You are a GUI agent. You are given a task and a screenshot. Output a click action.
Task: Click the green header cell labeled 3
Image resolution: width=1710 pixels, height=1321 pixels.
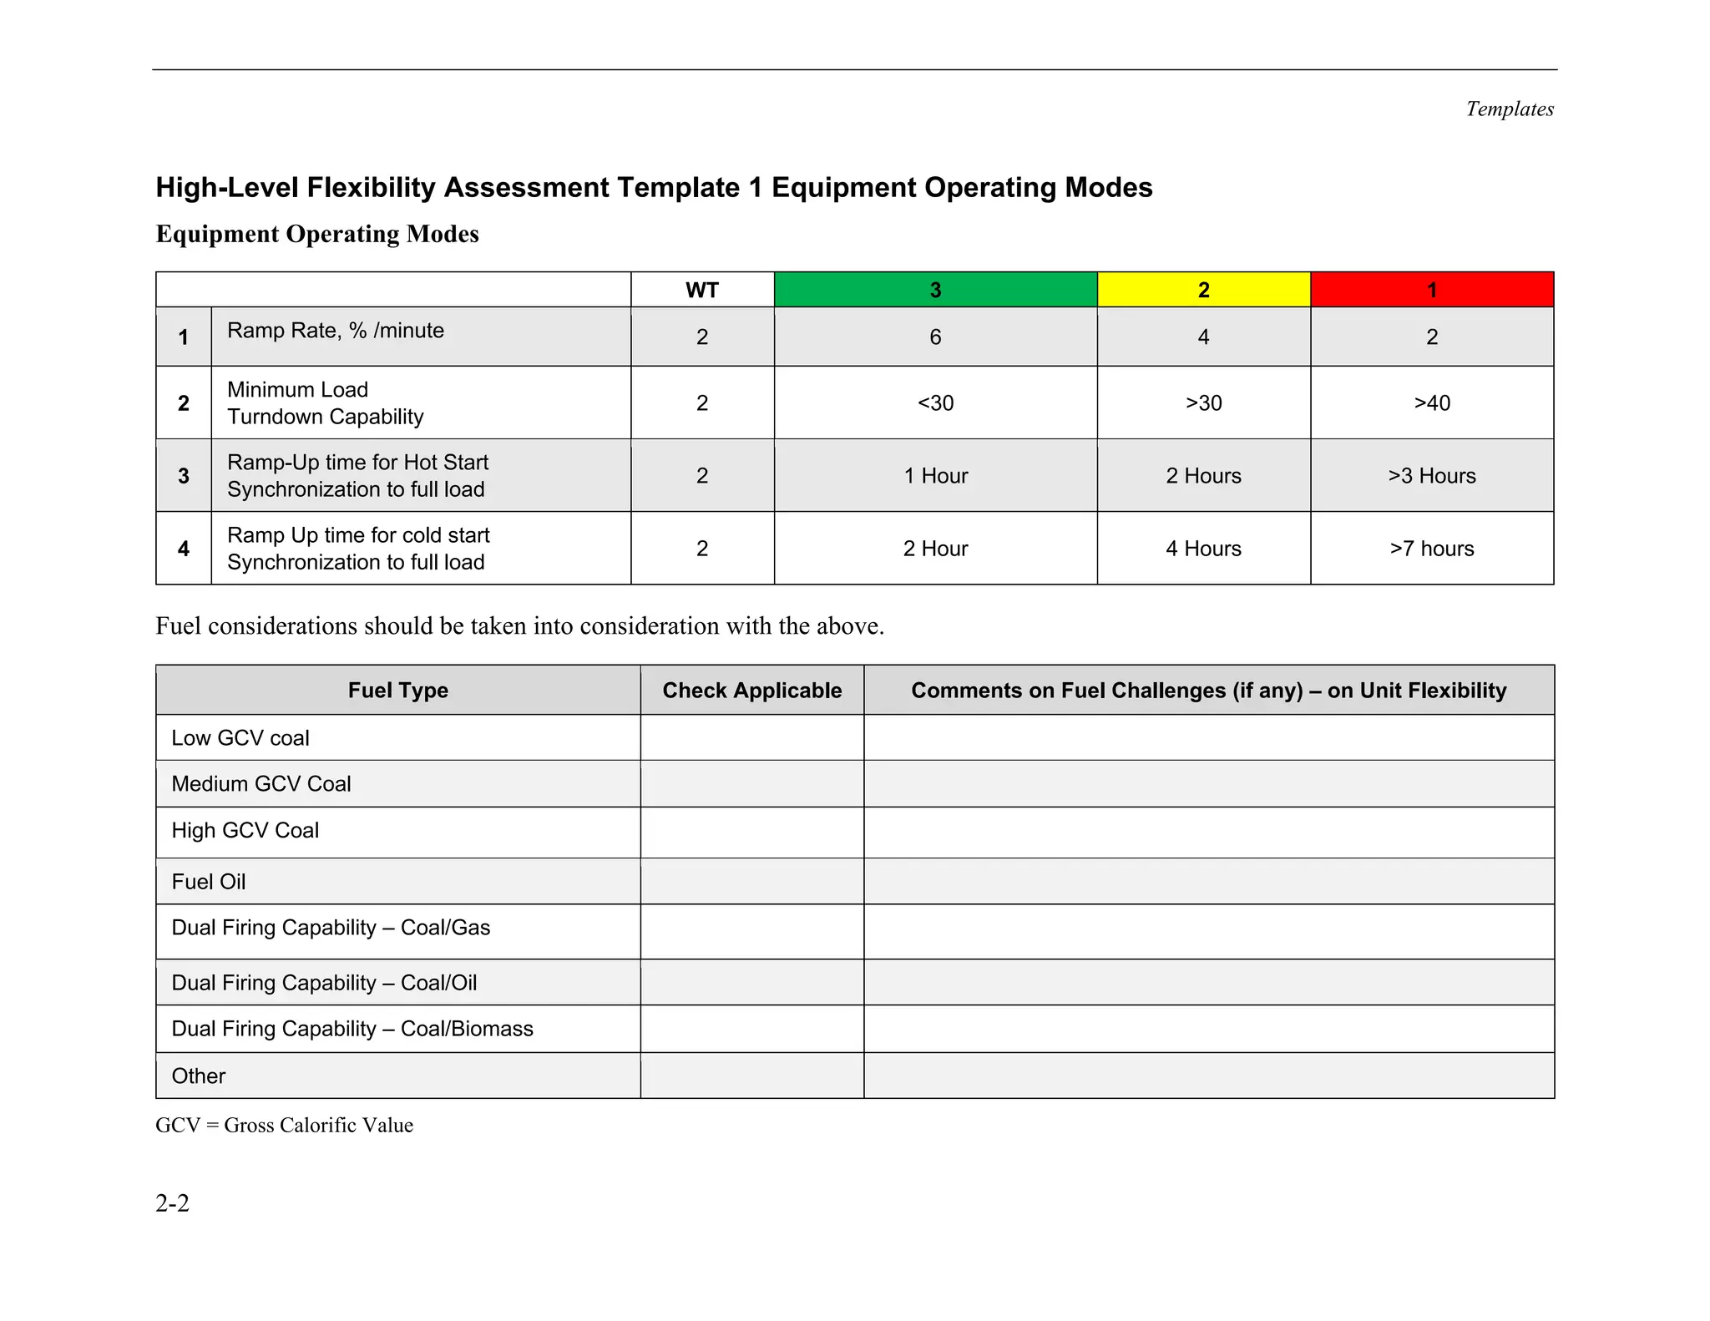[x=935, y=290]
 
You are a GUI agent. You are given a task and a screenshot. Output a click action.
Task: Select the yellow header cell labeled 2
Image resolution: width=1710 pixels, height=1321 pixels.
[x=1203, y=290]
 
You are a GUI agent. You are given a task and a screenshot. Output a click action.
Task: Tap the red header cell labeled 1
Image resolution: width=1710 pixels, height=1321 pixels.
[x=1431, y=290]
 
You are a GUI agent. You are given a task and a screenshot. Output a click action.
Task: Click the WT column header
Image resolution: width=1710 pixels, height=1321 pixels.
[x=701, y=290]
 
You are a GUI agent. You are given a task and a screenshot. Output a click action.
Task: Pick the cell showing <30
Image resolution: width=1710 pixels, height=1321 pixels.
[x=935, y=402]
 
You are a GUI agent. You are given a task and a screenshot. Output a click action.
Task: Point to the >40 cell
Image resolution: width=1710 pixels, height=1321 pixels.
[x=1431, y=402]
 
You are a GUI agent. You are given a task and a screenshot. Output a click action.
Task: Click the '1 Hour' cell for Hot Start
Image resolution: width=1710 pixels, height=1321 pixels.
[x=935, y=475]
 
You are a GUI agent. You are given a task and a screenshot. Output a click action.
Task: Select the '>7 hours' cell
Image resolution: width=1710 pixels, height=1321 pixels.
[x=1431, y=548]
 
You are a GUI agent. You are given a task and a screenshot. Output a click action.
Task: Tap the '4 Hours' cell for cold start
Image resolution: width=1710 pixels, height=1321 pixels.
[x=1203, y=548]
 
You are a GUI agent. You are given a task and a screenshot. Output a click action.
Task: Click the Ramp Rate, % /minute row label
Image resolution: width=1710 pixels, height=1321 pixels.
[x=335, y=331]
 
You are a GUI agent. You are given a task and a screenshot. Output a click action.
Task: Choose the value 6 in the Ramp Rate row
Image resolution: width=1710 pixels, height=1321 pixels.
[x=935, y=337]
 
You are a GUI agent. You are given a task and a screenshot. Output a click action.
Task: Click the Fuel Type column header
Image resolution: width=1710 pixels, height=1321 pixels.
[x=397, y=690]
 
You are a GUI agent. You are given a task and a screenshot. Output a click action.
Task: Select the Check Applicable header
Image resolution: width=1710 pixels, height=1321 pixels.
[x=751, y=690]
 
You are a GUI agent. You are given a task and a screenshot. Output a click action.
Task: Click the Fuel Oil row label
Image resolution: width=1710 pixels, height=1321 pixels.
[x=209, y=882]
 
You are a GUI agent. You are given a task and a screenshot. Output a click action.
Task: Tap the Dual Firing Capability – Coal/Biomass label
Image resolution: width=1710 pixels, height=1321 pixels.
[x=352, y=1029]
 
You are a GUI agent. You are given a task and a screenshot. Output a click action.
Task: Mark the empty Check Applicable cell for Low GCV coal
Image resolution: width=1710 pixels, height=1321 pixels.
[x=751, y=737]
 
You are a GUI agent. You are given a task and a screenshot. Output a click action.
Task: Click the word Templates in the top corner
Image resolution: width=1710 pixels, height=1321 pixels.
[x=1509, y=109]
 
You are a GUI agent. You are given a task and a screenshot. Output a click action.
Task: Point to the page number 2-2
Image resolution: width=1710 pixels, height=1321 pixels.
[x=172, y=1203]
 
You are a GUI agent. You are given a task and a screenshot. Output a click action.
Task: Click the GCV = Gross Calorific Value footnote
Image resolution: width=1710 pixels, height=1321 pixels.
[x=284, y=1126]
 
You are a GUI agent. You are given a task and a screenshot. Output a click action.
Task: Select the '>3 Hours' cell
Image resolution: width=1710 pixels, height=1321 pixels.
[x=1431, y=475]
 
